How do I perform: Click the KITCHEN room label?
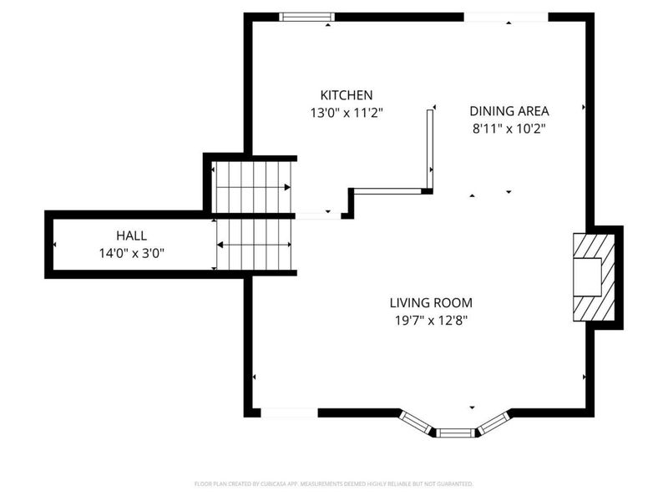(x=347, y=95)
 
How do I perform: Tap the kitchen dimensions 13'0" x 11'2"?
(x=347, y=112)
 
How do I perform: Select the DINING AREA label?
(x=509, y=111)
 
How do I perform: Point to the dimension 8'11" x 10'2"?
(x=509, y=129)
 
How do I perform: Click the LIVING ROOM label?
(x=431, y=303)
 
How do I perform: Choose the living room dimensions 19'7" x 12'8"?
(x=431, y=321)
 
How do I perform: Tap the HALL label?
(x=131, y=236)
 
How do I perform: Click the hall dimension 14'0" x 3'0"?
(x=131, y=253)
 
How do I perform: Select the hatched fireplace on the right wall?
(x=594, y=276)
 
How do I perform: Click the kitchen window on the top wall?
(x=306, y=17)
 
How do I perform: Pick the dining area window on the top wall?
(x=505, y=17)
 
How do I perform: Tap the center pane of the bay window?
(x=456, y=433)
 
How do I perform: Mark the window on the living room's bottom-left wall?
(x=289, y=412)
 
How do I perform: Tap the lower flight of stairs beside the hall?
(x=254, y=245)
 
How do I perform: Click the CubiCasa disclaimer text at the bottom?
(x=334, y=483)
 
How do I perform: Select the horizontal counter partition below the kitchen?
(x=388, y=191)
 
